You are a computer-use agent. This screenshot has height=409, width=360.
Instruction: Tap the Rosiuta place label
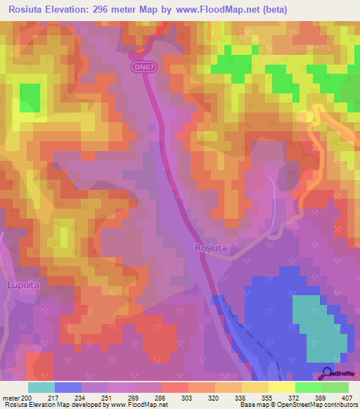click(x=210, y=248)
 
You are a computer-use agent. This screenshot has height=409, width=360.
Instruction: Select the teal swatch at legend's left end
click(x=41, y=387)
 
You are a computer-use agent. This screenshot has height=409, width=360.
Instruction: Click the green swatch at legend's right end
click(x=335, y=387)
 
